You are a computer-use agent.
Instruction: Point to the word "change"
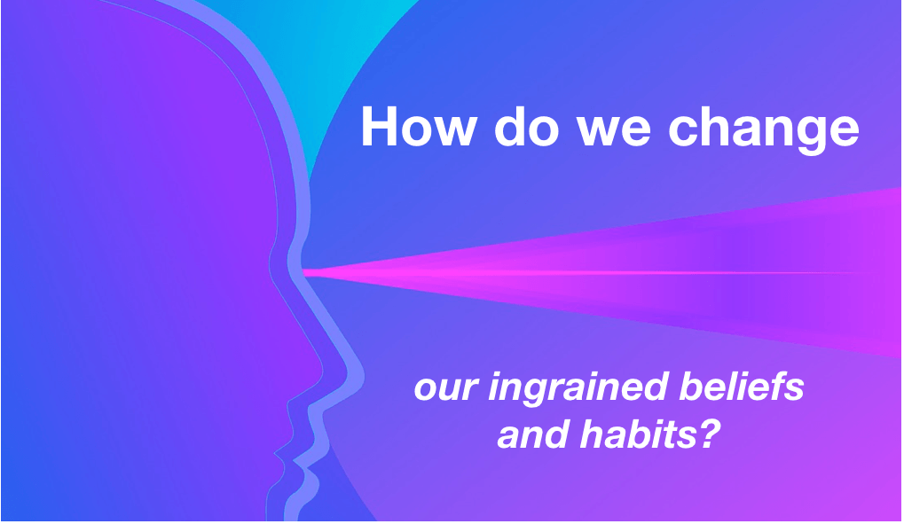[763, 129]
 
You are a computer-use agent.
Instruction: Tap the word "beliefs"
[742, 387]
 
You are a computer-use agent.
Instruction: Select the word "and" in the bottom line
[532, 434]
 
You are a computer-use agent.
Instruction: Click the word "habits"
[639, 434]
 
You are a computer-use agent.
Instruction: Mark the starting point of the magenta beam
[303, 271]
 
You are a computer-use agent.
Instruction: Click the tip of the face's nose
[320, 375]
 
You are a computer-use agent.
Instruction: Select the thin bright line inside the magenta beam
[577, 272]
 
